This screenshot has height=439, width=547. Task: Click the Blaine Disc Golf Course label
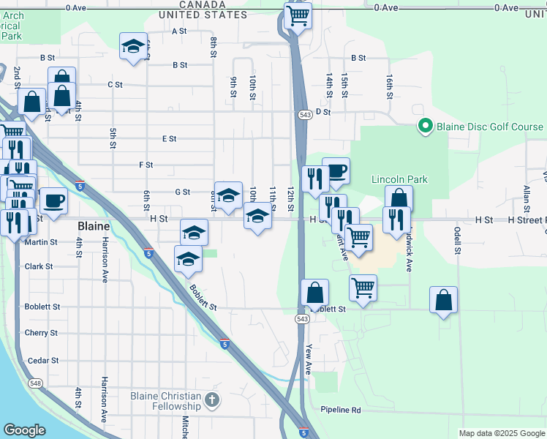489,127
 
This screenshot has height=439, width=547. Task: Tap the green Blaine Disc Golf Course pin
425,127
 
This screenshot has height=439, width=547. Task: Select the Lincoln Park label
399,179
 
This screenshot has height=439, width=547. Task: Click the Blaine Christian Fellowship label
165,401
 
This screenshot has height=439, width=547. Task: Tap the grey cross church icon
211,400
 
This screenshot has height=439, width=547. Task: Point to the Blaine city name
93,227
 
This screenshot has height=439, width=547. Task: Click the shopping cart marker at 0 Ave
298,15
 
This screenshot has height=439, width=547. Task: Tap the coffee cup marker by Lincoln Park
336,171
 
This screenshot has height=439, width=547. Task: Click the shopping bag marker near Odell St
443,299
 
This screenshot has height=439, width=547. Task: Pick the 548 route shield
34,382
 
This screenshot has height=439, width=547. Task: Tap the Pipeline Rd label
341,410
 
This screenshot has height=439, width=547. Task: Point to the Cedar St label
42,361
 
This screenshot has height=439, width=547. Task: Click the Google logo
24,430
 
